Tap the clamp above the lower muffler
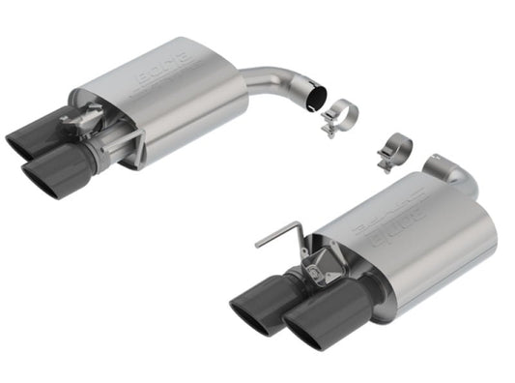[397, 149]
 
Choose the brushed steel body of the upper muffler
[193, 111]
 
